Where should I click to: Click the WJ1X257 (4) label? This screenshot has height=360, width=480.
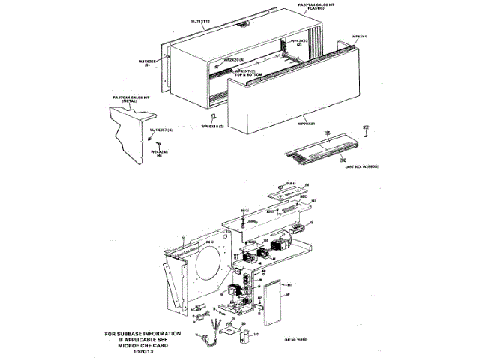coord(161,130)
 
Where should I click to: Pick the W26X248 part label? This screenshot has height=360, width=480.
coord(158,151)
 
